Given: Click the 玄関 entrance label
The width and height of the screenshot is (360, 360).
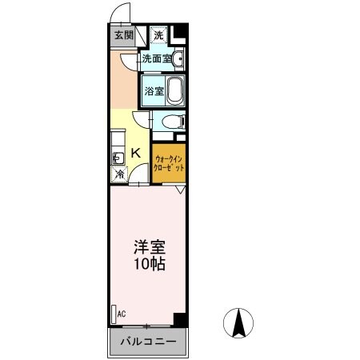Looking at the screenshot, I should [123, 35].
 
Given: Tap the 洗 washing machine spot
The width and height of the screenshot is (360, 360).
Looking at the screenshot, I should [158, 35].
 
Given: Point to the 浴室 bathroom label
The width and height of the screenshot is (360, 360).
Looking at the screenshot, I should [154, 91].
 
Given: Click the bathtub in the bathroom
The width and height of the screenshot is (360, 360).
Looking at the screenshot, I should [176, 90].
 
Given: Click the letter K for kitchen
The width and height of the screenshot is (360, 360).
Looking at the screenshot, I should [135, 152].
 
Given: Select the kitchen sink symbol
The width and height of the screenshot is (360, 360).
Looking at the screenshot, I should [117, 157].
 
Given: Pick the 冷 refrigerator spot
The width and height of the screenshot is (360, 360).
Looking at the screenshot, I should [118, 173].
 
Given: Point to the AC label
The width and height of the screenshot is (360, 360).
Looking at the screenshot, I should [122, 314].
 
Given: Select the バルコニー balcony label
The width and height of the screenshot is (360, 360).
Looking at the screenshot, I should [147, 342].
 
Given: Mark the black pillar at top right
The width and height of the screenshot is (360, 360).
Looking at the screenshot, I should [181, 34].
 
